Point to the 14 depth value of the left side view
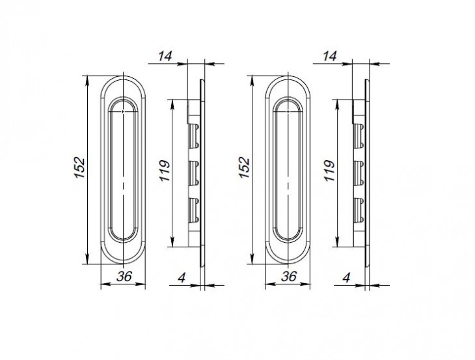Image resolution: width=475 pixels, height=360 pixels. point(165,57)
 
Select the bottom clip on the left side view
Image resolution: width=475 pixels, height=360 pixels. point(193,208)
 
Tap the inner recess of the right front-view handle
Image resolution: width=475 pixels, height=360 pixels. point(288,171)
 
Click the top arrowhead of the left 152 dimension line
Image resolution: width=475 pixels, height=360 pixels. point(87,79)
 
